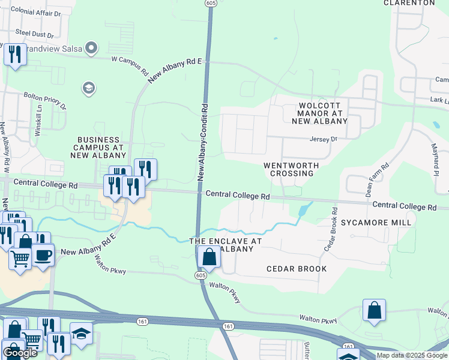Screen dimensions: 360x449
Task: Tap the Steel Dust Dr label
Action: [34, 34]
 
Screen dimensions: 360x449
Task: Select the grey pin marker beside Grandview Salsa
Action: [92, 47]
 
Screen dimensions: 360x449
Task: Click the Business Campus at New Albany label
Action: [98, 147]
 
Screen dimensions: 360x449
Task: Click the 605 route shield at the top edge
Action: [210, 3]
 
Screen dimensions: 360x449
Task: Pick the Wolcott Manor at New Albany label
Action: [320, 113]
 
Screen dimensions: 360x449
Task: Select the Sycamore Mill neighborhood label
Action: [376, 223]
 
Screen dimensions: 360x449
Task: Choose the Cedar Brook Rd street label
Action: [331, 229]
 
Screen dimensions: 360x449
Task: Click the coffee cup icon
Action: [43, 254]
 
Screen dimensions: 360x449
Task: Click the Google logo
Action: [20, 352]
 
